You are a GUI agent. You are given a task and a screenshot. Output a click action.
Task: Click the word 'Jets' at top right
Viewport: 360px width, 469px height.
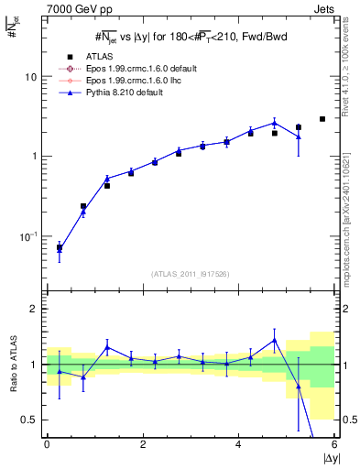324,8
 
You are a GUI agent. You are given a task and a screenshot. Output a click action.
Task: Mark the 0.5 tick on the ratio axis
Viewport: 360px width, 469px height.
29,420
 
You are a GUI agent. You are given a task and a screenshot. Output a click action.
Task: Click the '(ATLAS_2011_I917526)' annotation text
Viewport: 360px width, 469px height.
191,274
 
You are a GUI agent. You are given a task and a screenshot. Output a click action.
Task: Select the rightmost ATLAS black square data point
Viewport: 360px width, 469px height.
322,119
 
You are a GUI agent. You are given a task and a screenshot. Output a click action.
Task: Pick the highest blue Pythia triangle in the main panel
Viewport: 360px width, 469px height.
275,122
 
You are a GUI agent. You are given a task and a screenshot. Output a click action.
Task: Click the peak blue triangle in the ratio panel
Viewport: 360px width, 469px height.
275,340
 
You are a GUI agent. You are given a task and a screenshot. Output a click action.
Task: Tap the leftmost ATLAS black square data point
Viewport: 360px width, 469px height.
60,247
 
